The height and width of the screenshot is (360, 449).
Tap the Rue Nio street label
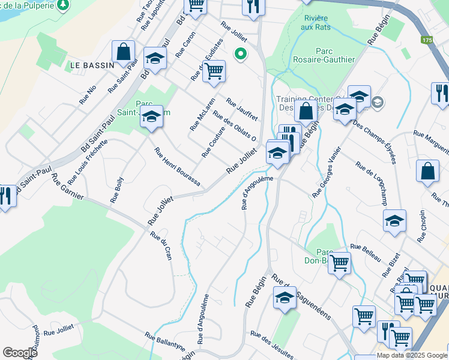[x=88, y=96]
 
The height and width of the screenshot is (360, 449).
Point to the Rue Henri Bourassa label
[x=176, y=166]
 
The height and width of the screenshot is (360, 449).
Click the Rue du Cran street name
[x=161, y=245]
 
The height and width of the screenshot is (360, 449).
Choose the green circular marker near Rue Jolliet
[x=241, y=55]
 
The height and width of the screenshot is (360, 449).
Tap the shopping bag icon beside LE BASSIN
[x=123, y=52]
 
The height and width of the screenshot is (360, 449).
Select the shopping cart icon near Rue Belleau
[x=340, y=262]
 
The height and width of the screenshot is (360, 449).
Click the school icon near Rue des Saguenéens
[x=284, y=297]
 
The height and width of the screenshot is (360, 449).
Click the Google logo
[x=20, y=353]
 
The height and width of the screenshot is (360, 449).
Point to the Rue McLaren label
[x=202, y=114]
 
